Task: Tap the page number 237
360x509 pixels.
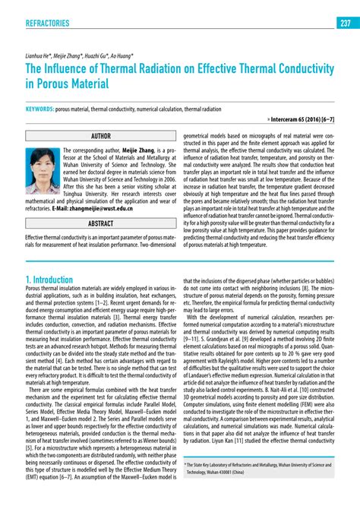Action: (x=345, y=23)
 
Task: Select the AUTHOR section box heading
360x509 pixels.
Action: (x=100, y=137)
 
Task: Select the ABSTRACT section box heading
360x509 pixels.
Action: (x=100, y=224)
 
